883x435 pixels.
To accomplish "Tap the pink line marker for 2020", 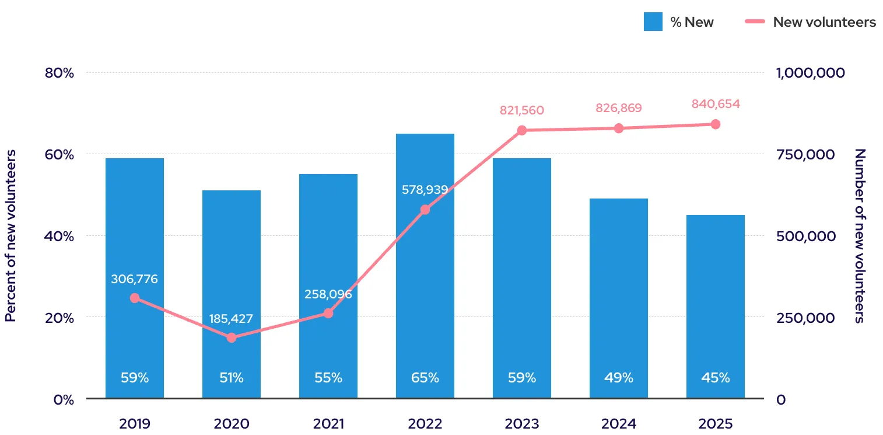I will [x=232, y=337].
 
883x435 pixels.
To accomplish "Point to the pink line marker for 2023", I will [x=522, y=130].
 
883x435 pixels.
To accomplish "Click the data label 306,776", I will [x=135, y=279].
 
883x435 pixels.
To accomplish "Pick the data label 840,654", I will [x=716, y=105].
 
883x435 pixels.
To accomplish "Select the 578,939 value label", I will [x=425, y=190].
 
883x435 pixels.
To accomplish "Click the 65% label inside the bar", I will [x=425, y=378].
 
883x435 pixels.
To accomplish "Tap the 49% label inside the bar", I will [x=618, y=378].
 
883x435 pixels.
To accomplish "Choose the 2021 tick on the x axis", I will [x=328, y=423].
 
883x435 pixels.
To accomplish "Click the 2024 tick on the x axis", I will [x=618, y=423].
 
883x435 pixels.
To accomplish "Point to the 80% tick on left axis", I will [x=59, y=73].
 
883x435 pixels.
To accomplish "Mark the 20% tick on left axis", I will [x=59, y=318].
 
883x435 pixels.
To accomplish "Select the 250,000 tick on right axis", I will [x=805, y=318].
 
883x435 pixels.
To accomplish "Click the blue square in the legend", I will [x=653, y=22].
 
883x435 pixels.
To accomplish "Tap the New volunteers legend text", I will [x=824, y=22].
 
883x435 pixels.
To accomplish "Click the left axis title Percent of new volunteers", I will [x=10, y=236].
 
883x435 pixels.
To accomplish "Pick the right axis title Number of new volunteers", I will [x=860, y=236].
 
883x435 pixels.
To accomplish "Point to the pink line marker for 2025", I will [x=716, y=124].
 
